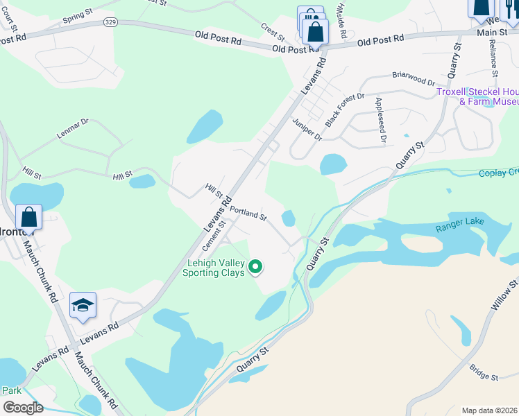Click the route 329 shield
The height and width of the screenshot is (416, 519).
110,23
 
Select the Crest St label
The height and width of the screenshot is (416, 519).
273,31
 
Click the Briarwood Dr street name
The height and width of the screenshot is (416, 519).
412,75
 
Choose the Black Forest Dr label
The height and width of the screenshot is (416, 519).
344,107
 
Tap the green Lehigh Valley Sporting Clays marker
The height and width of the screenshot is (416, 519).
255,266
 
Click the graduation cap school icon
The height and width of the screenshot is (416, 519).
83,306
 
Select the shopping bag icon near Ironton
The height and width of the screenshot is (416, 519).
29,217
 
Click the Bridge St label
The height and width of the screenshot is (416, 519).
484,372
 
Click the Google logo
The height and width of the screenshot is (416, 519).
22,407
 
